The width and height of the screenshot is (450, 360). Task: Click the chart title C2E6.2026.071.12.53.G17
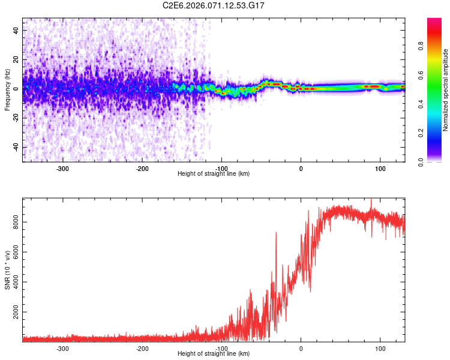(x=214, y=5)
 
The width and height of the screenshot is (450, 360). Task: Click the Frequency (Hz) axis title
(x=7, y=90)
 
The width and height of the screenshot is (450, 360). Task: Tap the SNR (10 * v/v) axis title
(x=7, y=270)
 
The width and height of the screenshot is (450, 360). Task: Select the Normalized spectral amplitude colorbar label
(x=446, y=90)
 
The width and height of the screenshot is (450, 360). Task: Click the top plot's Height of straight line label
(x=214, y=173)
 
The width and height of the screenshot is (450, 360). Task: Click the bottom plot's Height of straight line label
(x=214, y=353)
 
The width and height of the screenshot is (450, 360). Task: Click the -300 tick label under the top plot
(x=62, y=168)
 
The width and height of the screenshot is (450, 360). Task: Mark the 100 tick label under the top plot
(x=380, y=168)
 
